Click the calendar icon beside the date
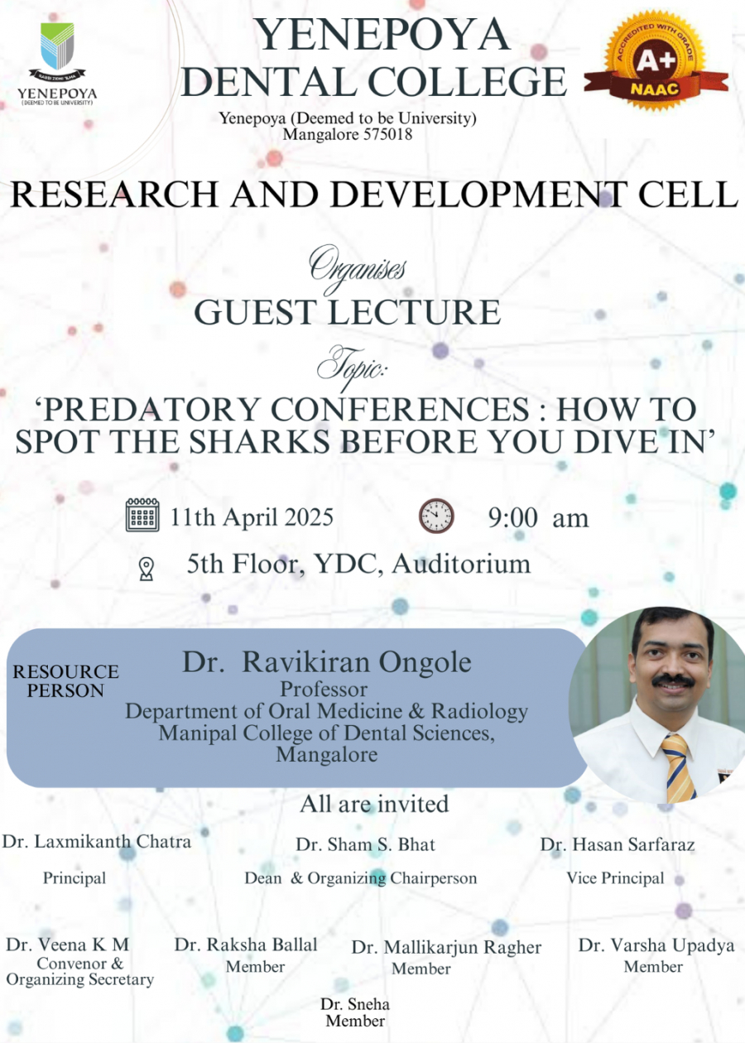tap(142, 515)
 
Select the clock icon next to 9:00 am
tap(436, 516)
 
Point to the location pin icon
tap(147, 569)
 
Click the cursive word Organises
tap(357, 269)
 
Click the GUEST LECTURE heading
tap(348, 312)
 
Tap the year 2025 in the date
tap(309, 517)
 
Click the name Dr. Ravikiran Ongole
tap(327, 661)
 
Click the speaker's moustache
tap(673, 681)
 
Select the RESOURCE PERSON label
tap(65, 680)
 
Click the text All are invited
tap(374, 804)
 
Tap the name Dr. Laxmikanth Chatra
tap(97, 841)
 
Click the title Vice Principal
tap(615, 878)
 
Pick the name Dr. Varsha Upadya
tap(656, 944)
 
